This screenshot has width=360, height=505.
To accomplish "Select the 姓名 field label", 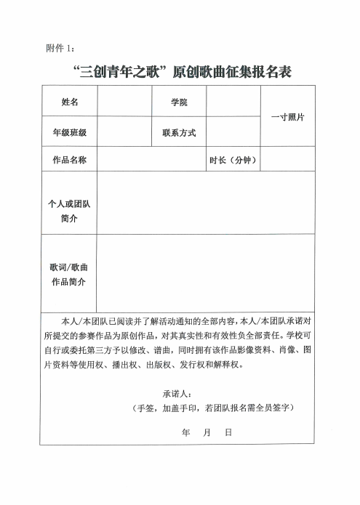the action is (70, 102).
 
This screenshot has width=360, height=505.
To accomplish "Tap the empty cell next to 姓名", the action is (124, 102).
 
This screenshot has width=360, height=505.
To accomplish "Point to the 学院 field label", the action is (179, 102).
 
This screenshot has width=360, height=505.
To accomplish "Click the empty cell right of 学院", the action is (233, 102).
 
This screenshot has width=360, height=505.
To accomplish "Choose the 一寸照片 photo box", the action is (287, 117).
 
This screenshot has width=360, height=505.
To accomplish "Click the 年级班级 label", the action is (70, 133).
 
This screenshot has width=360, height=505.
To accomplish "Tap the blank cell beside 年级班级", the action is (124, 133).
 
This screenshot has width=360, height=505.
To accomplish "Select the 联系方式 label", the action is (179, 133).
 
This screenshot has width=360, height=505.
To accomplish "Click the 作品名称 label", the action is (70, 160).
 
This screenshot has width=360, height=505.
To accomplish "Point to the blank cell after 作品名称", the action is (151, 160).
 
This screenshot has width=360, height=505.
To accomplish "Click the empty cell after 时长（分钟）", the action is (287, 160).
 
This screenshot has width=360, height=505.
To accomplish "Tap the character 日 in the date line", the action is (228, 432).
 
